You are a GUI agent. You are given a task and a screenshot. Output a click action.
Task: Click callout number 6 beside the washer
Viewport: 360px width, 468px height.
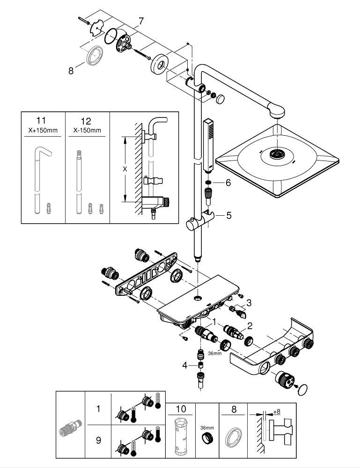pyautogui.click(x=228, y=183)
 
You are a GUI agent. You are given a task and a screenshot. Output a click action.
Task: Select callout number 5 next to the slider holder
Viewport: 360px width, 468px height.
pyautogui.click(x=229, y=215)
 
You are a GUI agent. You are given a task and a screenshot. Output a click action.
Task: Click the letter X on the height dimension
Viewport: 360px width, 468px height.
pyautogui.click(x=125, y=169)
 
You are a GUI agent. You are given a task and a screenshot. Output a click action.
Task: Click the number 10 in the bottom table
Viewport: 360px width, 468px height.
pyautogui.click(x=179, y=409)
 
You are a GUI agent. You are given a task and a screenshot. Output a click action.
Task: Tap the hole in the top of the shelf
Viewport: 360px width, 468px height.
pyautogui.click(x=198, y=297)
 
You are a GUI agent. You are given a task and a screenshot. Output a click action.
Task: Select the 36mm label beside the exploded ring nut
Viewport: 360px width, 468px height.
pyautogui.click(x=215, y=353)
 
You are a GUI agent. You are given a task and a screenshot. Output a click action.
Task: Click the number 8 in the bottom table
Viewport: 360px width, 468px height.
pyautogui.click(x=234, y=409)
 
